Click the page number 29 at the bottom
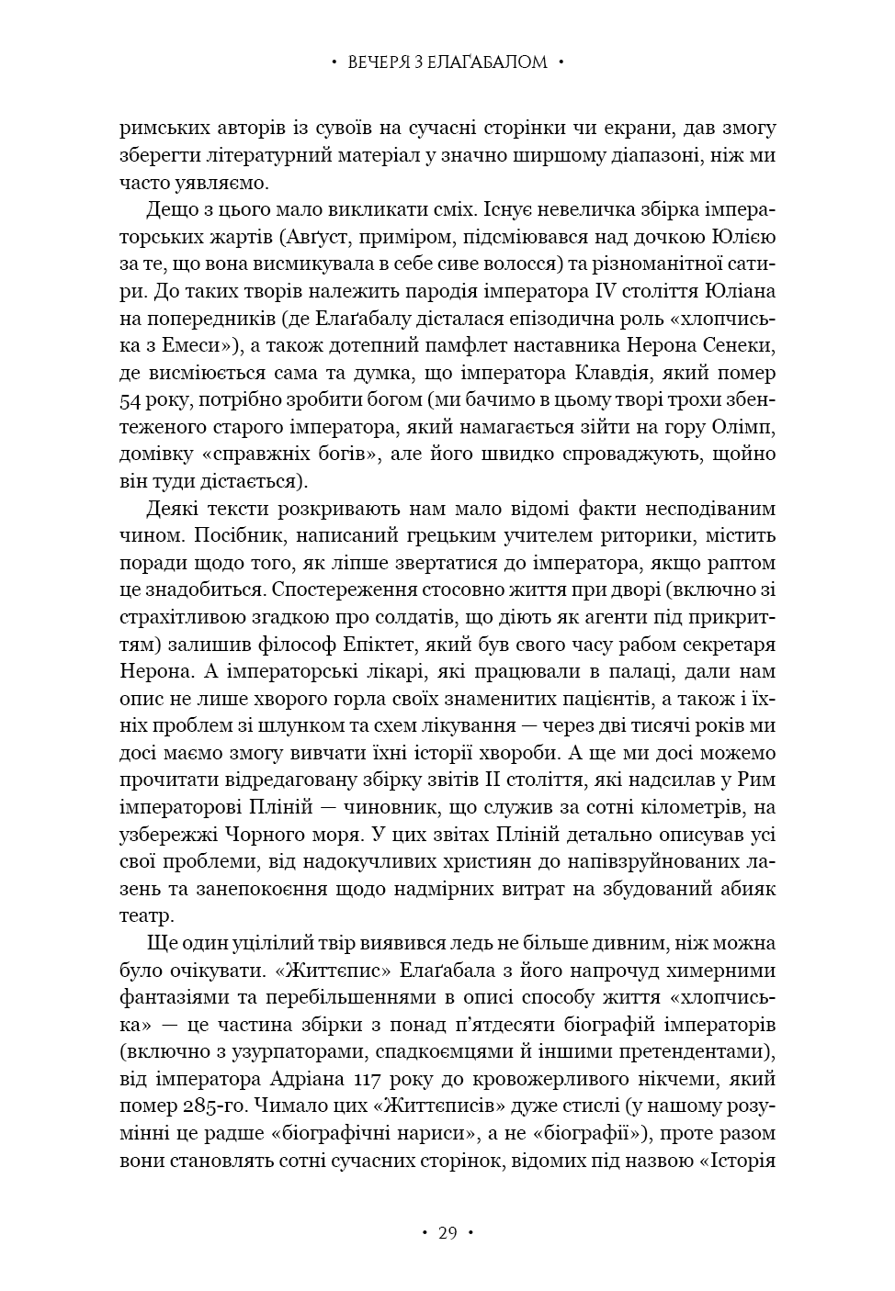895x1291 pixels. point(447,1232)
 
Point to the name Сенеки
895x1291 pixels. point(741,346)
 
